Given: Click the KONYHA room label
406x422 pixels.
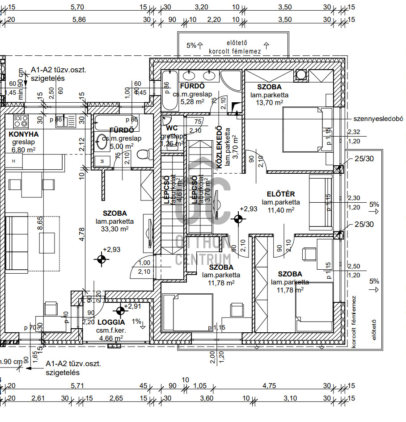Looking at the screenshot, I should point(24,134).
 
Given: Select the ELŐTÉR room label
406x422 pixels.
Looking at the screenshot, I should point(280,194).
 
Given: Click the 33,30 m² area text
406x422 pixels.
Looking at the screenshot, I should point(115,229).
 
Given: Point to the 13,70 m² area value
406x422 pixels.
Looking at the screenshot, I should point(270,103).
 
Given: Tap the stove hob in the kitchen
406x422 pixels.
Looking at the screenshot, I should point(21,121).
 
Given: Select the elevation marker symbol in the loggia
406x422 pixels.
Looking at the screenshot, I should point(120,311).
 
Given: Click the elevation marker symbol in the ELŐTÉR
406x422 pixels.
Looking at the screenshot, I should point(238,218).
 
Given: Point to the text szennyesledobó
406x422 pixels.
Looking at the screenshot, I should point(378,119).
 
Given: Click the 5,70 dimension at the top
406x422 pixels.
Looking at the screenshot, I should point(77,7).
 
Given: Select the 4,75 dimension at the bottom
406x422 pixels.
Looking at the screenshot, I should point(269,386).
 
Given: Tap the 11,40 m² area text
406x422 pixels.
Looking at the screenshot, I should point(280,210).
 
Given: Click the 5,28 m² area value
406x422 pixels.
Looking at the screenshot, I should point(192,102).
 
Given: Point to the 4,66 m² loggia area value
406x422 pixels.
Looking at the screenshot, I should point(109,338).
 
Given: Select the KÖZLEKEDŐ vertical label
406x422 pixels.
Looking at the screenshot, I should point(220,148).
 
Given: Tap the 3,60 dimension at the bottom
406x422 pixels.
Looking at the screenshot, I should point(207,398).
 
